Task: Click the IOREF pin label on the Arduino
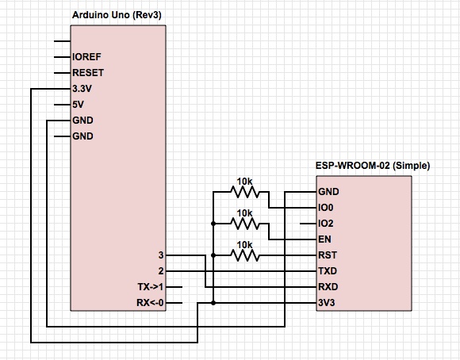click(x=86, y=56)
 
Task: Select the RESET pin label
click(x=88, y=72)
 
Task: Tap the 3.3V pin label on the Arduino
click(x=82, y=88)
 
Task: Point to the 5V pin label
click(x=78, y=104)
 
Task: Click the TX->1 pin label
click(x=150, y=286)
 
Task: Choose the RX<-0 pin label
click(x=150, y=302)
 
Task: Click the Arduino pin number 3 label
click(x=161, y=255)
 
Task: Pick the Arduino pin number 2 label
click(x=161, y=271)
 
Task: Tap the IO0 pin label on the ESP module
click(x=326, y=208)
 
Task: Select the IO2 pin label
click(x=326, y=224)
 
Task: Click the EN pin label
click(x=324, y=239)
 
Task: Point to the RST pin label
click(x=328, y=255)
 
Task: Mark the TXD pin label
click(x=328, y=271)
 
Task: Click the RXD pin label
click(x=328, y=286)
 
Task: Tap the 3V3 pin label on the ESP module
click(x=326, y=302)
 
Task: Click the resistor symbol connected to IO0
click(x=244, y=192)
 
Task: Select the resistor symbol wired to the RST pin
click(x=244, y=255)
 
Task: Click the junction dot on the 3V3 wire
click(x=213, y=303)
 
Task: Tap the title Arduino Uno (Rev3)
click(x=117, y=15)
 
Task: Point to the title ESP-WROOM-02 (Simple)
click(x=373, y=166)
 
